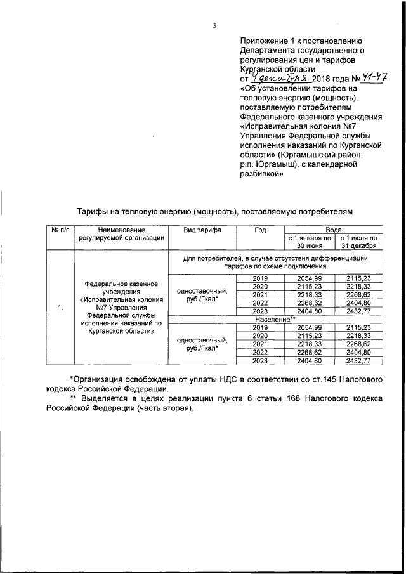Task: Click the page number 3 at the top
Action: (x=215, y=26)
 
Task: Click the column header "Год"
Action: (x=260, y=230)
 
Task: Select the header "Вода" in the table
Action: (x=334, y=230)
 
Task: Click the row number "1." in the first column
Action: (x=61, y=308)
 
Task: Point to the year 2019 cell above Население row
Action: (x=260, y=278)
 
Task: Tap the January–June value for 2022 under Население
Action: (x=310, y=352)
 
